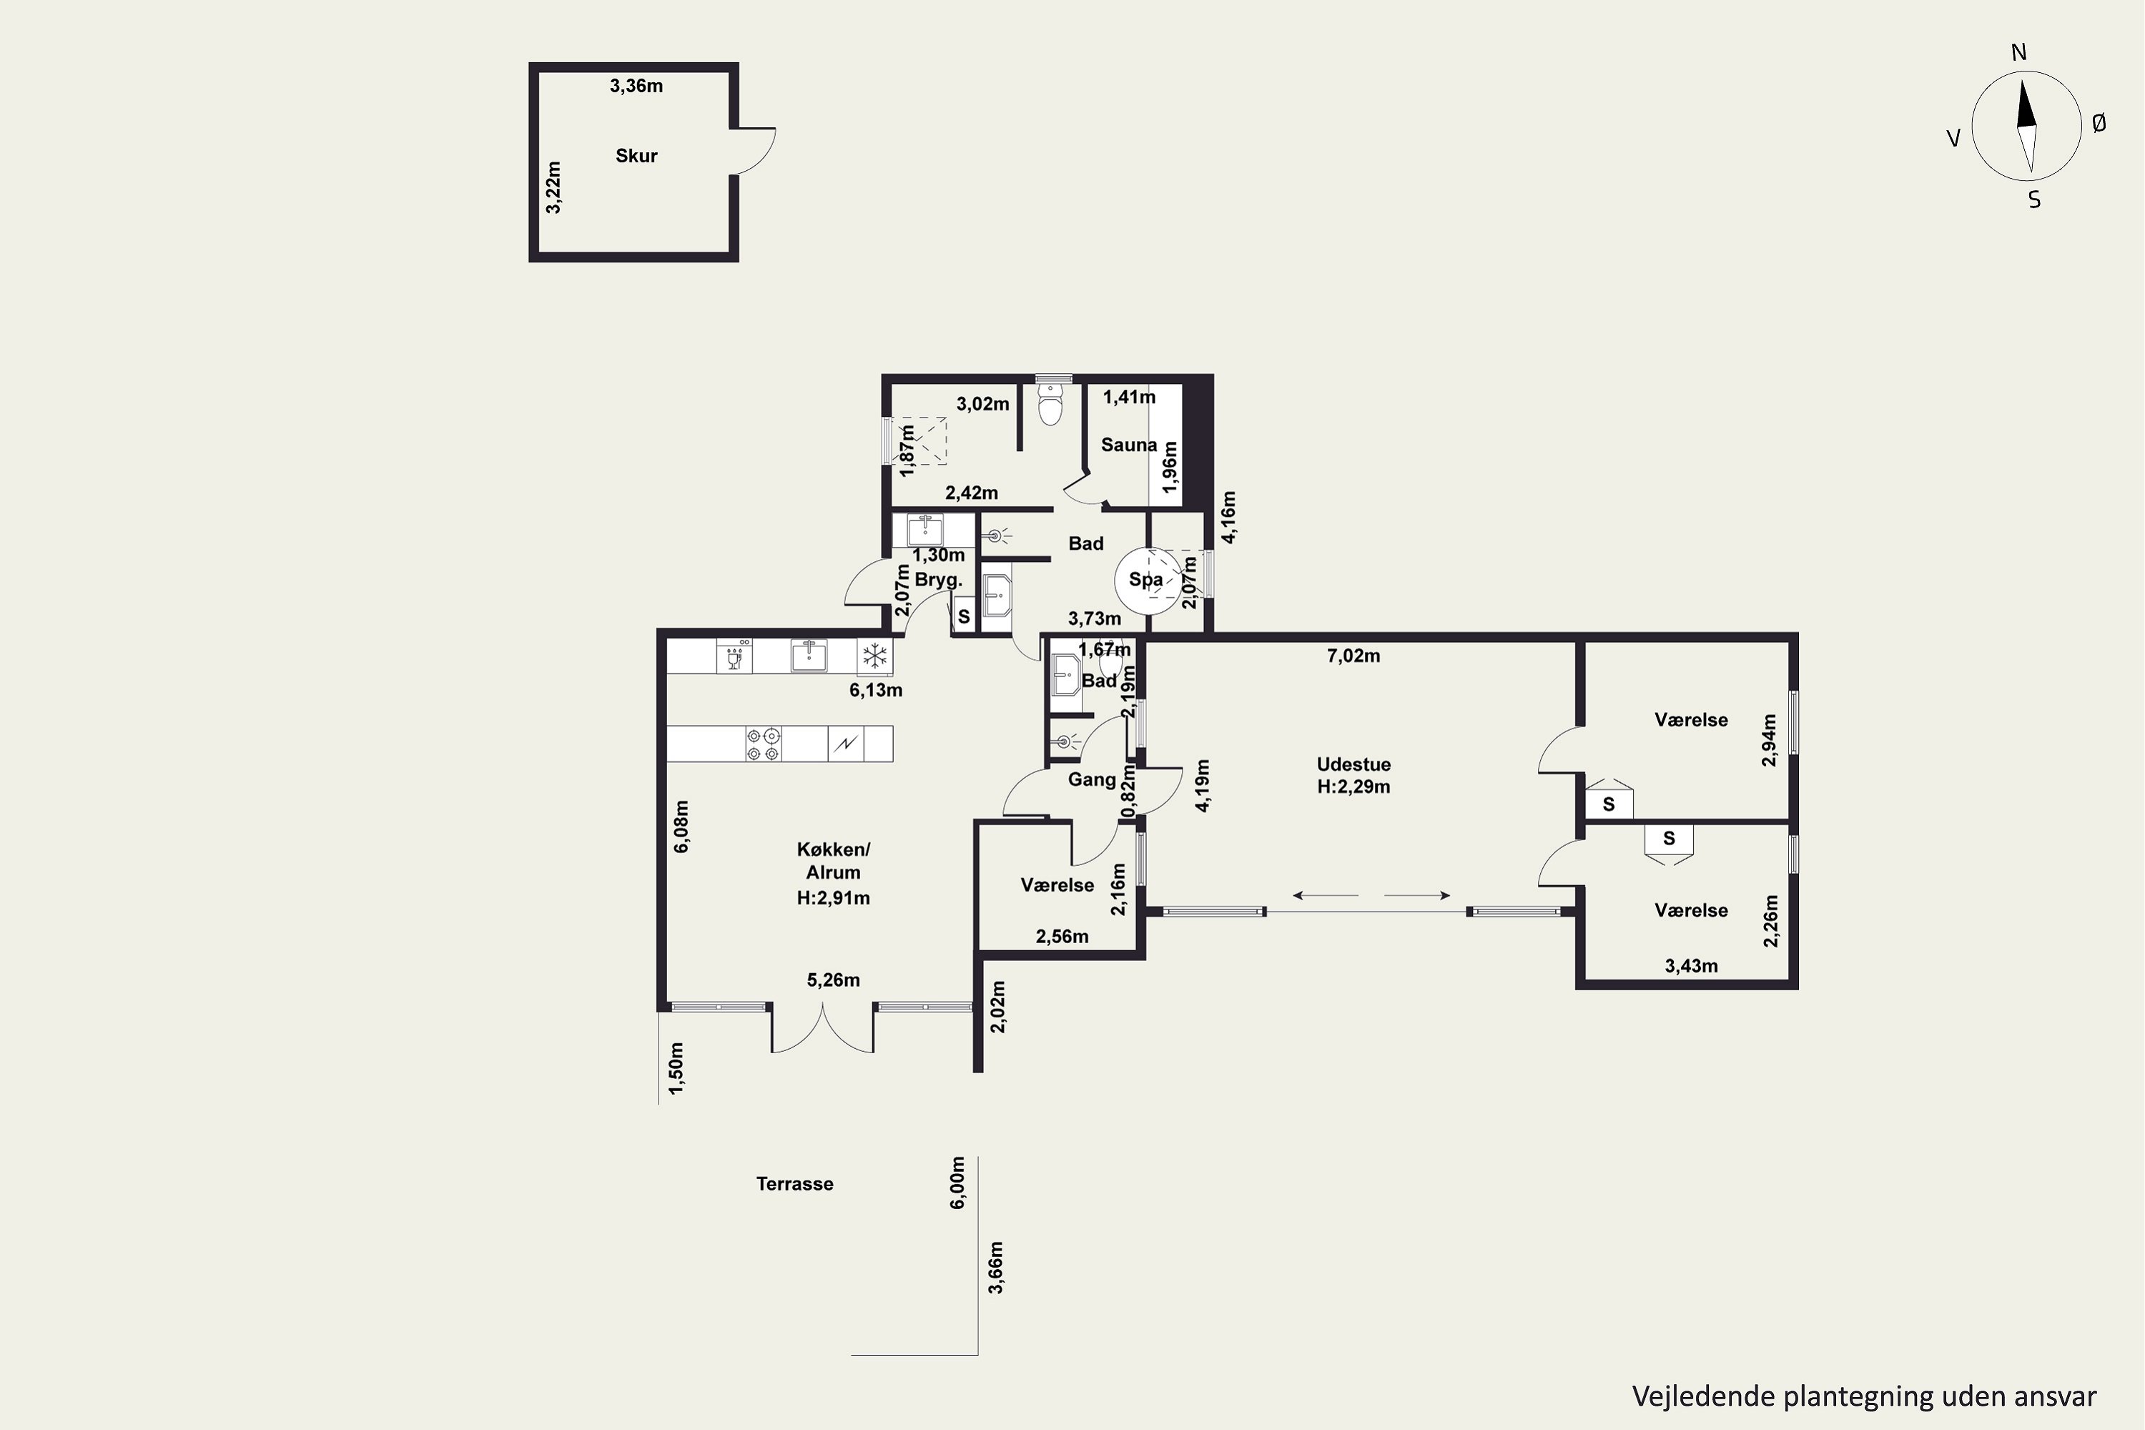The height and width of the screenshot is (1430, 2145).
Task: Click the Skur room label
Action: tap(636, 156)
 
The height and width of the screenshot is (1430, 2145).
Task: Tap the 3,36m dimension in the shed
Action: tap(636, 86)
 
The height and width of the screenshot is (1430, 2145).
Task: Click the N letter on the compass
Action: tap(2018, 53)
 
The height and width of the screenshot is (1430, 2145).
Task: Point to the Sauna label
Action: tap(1129, 445)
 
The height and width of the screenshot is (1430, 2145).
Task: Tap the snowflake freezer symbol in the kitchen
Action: tap(874, 656)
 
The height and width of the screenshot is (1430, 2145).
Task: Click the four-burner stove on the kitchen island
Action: tap(764, 744)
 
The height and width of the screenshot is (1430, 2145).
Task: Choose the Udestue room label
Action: tap(1353, 764)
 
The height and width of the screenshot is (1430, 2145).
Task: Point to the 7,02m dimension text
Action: tap(1353, 656)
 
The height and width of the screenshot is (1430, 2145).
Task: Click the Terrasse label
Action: tap(794, 1184)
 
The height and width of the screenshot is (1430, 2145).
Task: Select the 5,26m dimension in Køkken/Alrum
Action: tap(834, 980)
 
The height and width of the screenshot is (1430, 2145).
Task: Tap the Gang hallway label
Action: tap(1092, 780)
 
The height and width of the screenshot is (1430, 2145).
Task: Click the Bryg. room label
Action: tap(938, 580)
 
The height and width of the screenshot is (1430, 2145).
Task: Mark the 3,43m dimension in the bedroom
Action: tap(1691, 966)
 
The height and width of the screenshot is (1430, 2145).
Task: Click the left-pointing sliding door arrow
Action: tap(1325, 896)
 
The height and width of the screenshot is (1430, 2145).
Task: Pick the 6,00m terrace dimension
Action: tap(957, 1183)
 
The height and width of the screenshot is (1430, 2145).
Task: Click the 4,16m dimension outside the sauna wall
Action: tap(1228, 518)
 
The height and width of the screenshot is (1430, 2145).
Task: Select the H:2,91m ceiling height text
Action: tap(834, 898)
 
